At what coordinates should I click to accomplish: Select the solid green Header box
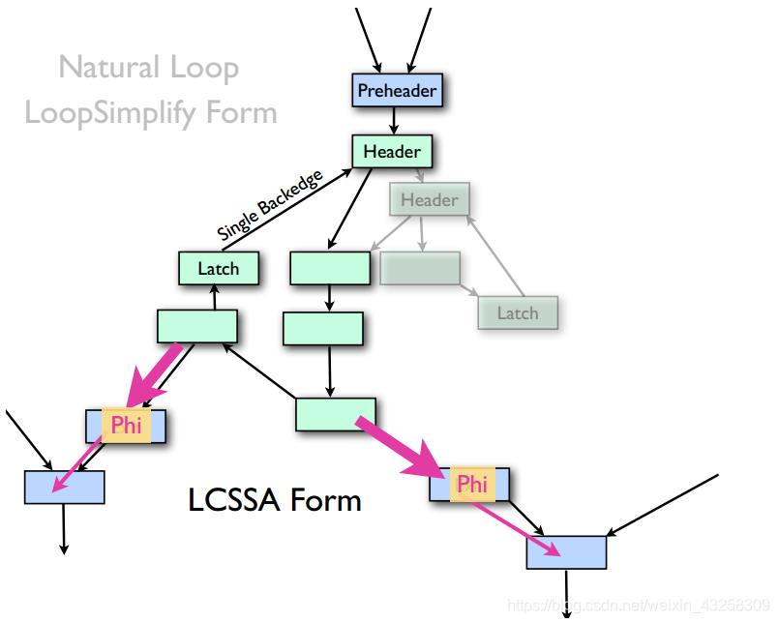(x=392, y=152)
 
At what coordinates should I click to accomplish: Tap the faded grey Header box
(x=429, y=200)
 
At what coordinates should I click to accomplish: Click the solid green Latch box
(x=219, y=269)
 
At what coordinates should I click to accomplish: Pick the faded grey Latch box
(x=518, y=312)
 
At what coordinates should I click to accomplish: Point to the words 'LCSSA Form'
(x=275, y=500)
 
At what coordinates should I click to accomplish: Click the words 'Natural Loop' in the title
(x=148, y=68)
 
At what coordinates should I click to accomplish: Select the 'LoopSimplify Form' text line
(x=151, y=112)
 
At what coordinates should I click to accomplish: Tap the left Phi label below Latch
(x=127, y=425)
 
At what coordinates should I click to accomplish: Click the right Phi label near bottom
(x=471, y=484)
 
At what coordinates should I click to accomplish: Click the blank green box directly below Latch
(x=197, y=327)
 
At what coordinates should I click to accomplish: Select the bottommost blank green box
(x=335, y=414)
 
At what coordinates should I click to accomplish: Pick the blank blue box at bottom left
(x=65, y=487)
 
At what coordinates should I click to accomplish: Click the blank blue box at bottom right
(x=566, y=552)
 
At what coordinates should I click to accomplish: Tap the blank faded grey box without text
(x=419, y=268)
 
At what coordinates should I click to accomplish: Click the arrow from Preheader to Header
(x=393, y=121)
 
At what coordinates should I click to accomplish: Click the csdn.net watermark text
(x=639, y=606)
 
